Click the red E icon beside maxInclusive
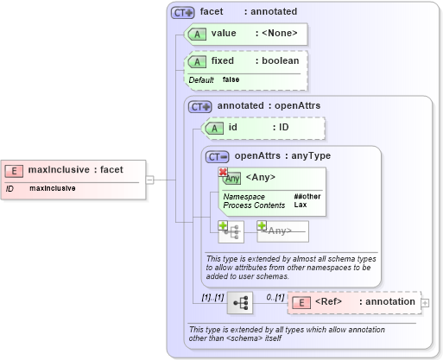(15, 170)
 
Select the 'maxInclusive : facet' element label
(75, 170)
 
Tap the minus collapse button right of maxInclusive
(149, 180)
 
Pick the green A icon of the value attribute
(197, 34)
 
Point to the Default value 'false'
(231, 79)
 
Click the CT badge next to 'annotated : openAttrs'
(200, 106)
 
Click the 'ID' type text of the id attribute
(283, 128)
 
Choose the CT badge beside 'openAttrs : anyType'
(218, 156)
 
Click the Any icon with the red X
(231, 178)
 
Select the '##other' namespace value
(307, 197)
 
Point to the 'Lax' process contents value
(300, 205)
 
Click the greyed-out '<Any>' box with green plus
(282, 231)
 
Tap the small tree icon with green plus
(231, 231)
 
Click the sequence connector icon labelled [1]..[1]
(239, 303)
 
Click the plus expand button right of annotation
(424, 303)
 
